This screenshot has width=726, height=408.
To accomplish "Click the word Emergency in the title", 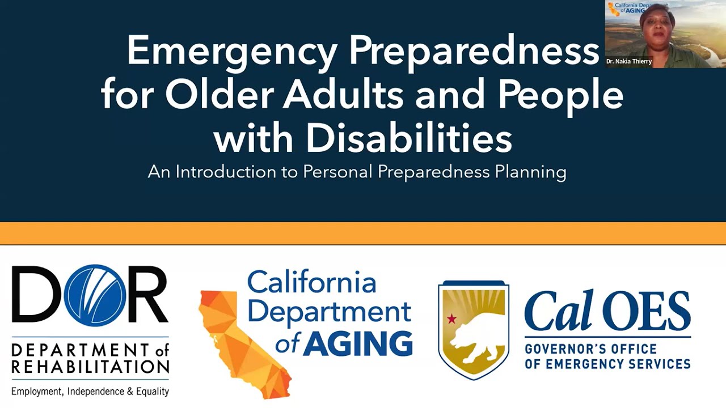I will pos(232,52).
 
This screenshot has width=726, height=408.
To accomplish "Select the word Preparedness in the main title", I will pos(474,52).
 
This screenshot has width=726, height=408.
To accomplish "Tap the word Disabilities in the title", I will pos(408,138).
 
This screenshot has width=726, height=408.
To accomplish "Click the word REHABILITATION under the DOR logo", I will pos(90,367).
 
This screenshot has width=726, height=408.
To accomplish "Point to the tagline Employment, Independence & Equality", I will pos(90,391).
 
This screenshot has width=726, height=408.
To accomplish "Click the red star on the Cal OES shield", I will pos(451,318).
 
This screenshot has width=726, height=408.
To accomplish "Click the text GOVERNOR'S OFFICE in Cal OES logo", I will pos(590,348).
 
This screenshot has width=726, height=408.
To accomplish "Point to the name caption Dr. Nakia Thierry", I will pos(629,61).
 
